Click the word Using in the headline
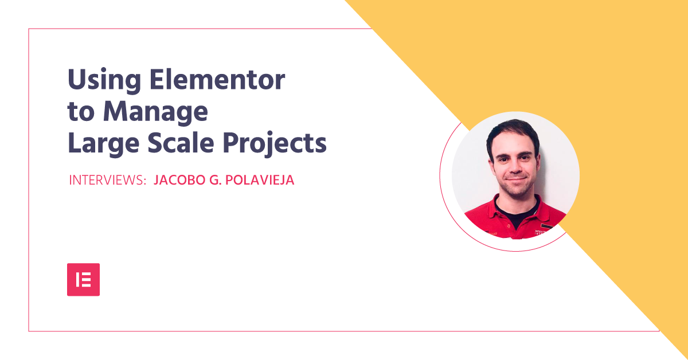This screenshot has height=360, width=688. click(104, 81)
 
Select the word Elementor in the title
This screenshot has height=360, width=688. click(217, 79)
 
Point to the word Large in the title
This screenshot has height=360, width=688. click(104, 144)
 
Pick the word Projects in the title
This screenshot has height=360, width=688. click(275, 144)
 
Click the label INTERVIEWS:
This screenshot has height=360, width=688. click(108, 180)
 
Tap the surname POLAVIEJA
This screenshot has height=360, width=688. click(260, 180)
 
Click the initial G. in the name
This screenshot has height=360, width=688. click(216, 180)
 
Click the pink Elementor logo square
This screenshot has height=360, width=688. click(83, 280)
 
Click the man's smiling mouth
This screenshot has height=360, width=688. click(516, 179)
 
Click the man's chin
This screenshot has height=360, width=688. click(517, 190)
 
